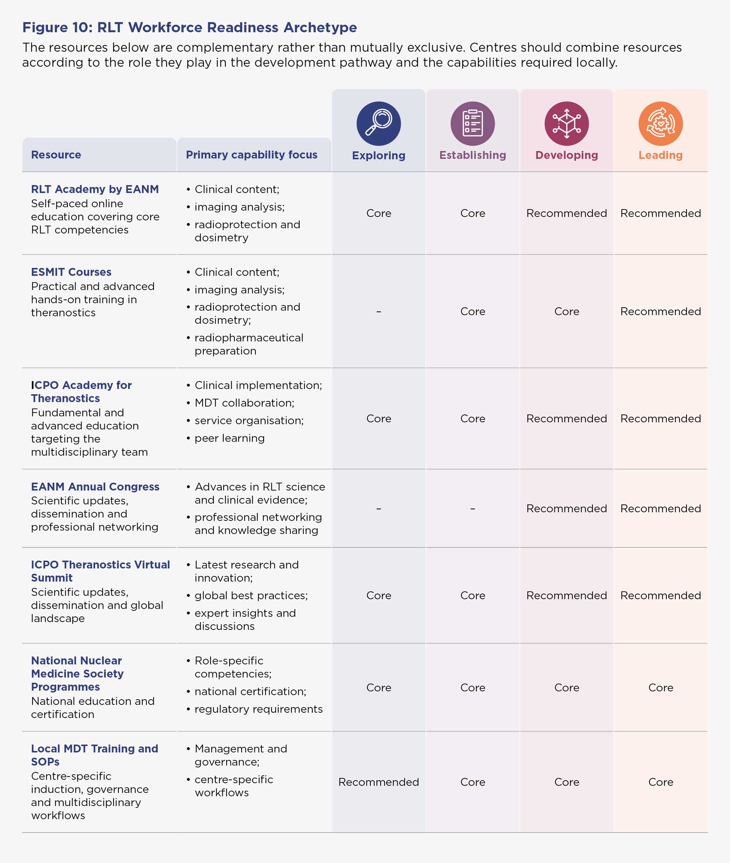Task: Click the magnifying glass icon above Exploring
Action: [379, 123]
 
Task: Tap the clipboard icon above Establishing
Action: [473, 123]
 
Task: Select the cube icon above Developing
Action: [567, 123]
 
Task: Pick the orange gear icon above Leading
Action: [660, 123]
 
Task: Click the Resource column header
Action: [56, 155]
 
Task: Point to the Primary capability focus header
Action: [252, 155]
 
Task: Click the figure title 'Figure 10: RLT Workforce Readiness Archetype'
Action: [189, 27]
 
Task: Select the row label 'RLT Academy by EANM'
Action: [95, 189]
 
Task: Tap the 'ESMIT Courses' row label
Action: [71, 272]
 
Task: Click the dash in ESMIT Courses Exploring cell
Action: [379, 311]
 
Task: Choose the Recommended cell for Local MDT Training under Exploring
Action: [379, 782]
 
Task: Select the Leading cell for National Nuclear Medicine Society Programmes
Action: [660, 687]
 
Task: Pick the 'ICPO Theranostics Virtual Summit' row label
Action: [101, 571]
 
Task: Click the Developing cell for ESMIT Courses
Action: [567, 311]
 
